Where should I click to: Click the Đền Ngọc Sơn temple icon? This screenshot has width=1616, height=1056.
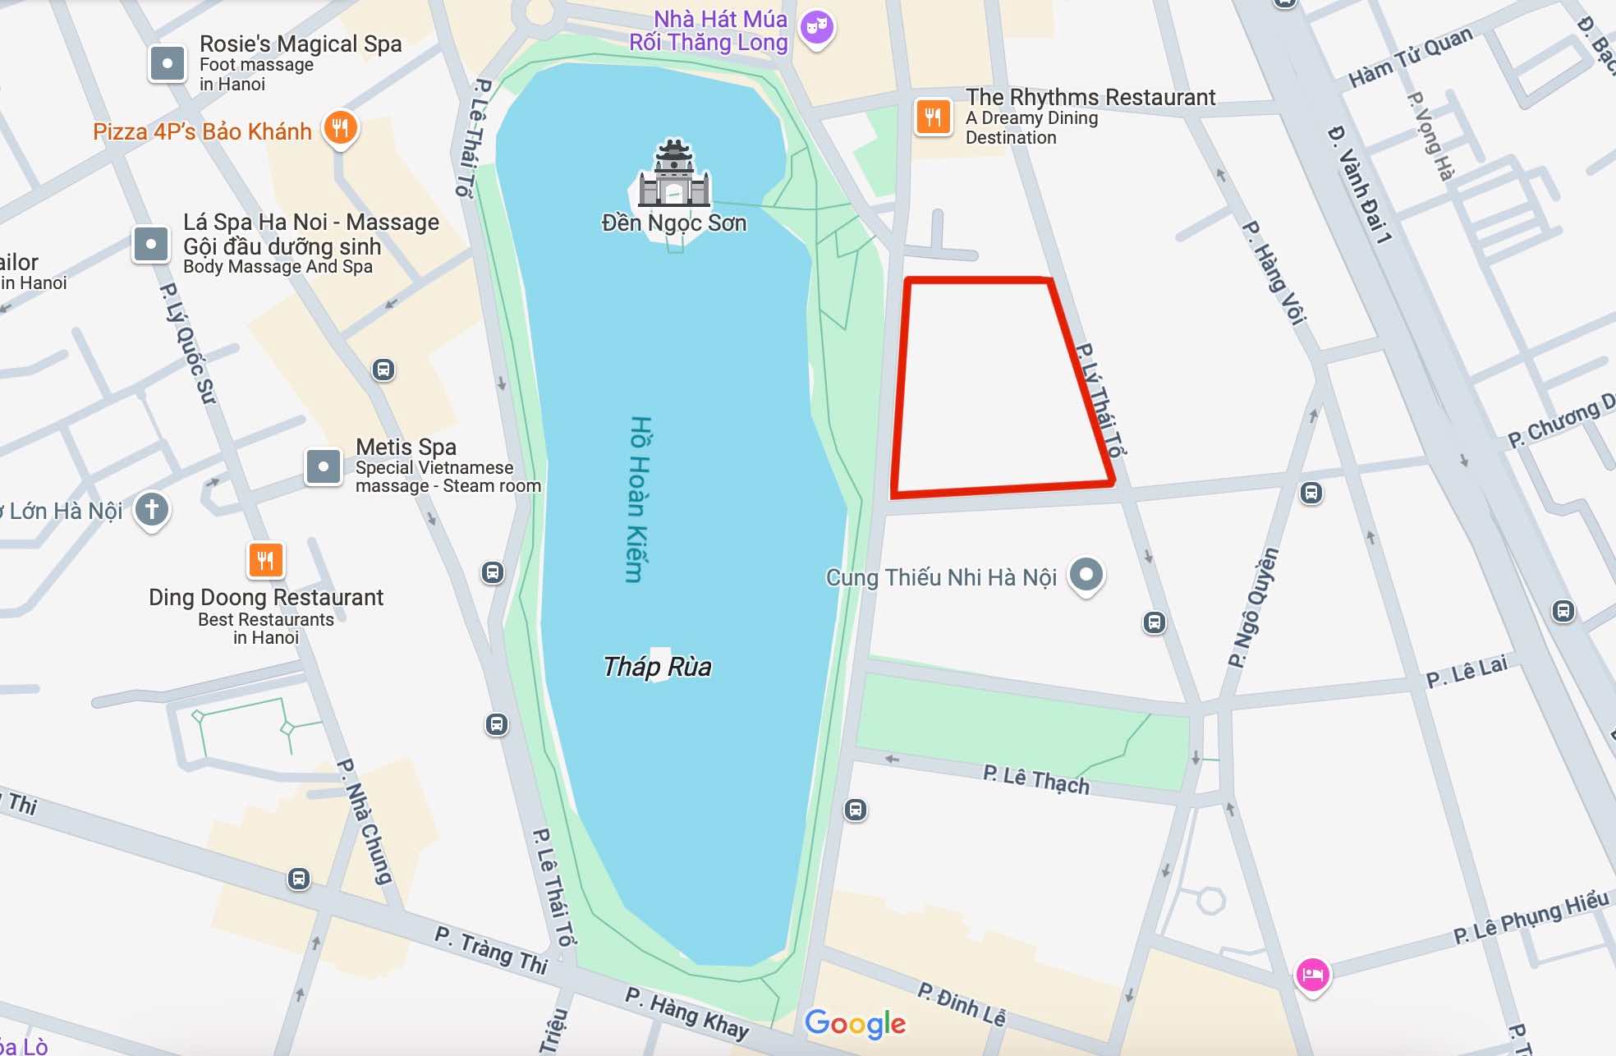click(x=674, y=174)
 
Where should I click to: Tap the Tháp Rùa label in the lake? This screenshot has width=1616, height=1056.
click(x=657, y=667)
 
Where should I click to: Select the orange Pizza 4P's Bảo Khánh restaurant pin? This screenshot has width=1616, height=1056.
click(x=341, y=128)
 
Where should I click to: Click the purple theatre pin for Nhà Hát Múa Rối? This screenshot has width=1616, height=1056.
click(x=816, y=28)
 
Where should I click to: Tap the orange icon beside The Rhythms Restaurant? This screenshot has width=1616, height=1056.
click(x=933, y=117)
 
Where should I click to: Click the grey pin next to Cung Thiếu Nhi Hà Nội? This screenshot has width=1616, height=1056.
click(x=1086, y=574)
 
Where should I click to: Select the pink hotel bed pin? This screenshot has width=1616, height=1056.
click(x=1312, y=975)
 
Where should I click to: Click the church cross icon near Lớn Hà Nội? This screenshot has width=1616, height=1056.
click(x=152, y=509)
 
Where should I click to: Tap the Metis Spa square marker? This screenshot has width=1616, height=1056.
click(x=324, y=466)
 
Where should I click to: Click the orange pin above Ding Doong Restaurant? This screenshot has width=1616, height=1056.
click(x=265, y=561)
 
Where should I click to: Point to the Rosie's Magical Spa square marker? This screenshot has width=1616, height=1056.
click(x=168, y=63)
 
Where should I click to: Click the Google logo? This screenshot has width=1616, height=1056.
click(x=855, y=1023)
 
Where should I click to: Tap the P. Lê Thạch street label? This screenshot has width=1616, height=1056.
click(x=1036, y=779)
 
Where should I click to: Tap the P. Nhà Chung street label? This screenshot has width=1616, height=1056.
click(x=365, y=821)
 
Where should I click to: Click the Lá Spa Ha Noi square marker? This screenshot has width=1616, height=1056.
click(x=151, y=244)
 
